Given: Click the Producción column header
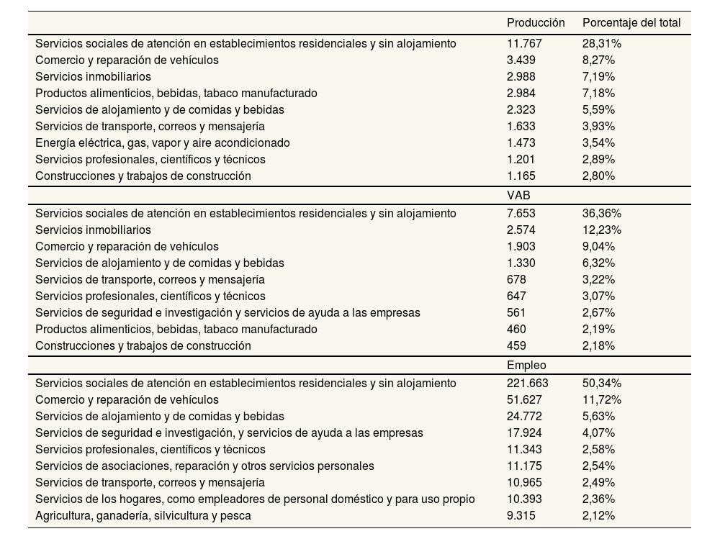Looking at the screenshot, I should click(x=536, y=23).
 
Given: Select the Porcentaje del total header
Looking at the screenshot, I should click(x=631, y=23).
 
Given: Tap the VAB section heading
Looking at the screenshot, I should click(x=518, y=195).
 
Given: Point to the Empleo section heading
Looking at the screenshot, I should click(x=526, y=365).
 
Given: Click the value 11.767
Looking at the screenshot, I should click(x=524, y=43).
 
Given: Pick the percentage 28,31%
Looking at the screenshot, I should click(x=601, y=43).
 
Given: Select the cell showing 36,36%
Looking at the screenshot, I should click(x=601, y=213).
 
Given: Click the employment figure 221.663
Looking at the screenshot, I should click(x=528, y=383).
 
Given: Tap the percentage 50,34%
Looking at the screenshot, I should click(x=601, y=383).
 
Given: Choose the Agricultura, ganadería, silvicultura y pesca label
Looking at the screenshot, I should click(x=143, y=515).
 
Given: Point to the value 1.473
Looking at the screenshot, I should click(x=521, y=142).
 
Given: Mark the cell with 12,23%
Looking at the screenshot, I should click(x=601, y=230).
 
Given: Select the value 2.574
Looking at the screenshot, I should click(x=521, y=230).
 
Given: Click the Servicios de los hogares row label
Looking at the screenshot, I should click(x=255, y=499).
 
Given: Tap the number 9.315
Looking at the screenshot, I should click(x=521, y=515).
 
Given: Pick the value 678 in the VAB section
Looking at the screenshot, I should click(x=516, y=279).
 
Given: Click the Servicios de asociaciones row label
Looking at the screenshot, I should click(x=204, y=466).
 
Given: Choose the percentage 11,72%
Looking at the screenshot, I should click(x=601, y=399).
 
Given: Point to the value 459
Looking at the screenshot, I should click(x=516, y=345).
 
